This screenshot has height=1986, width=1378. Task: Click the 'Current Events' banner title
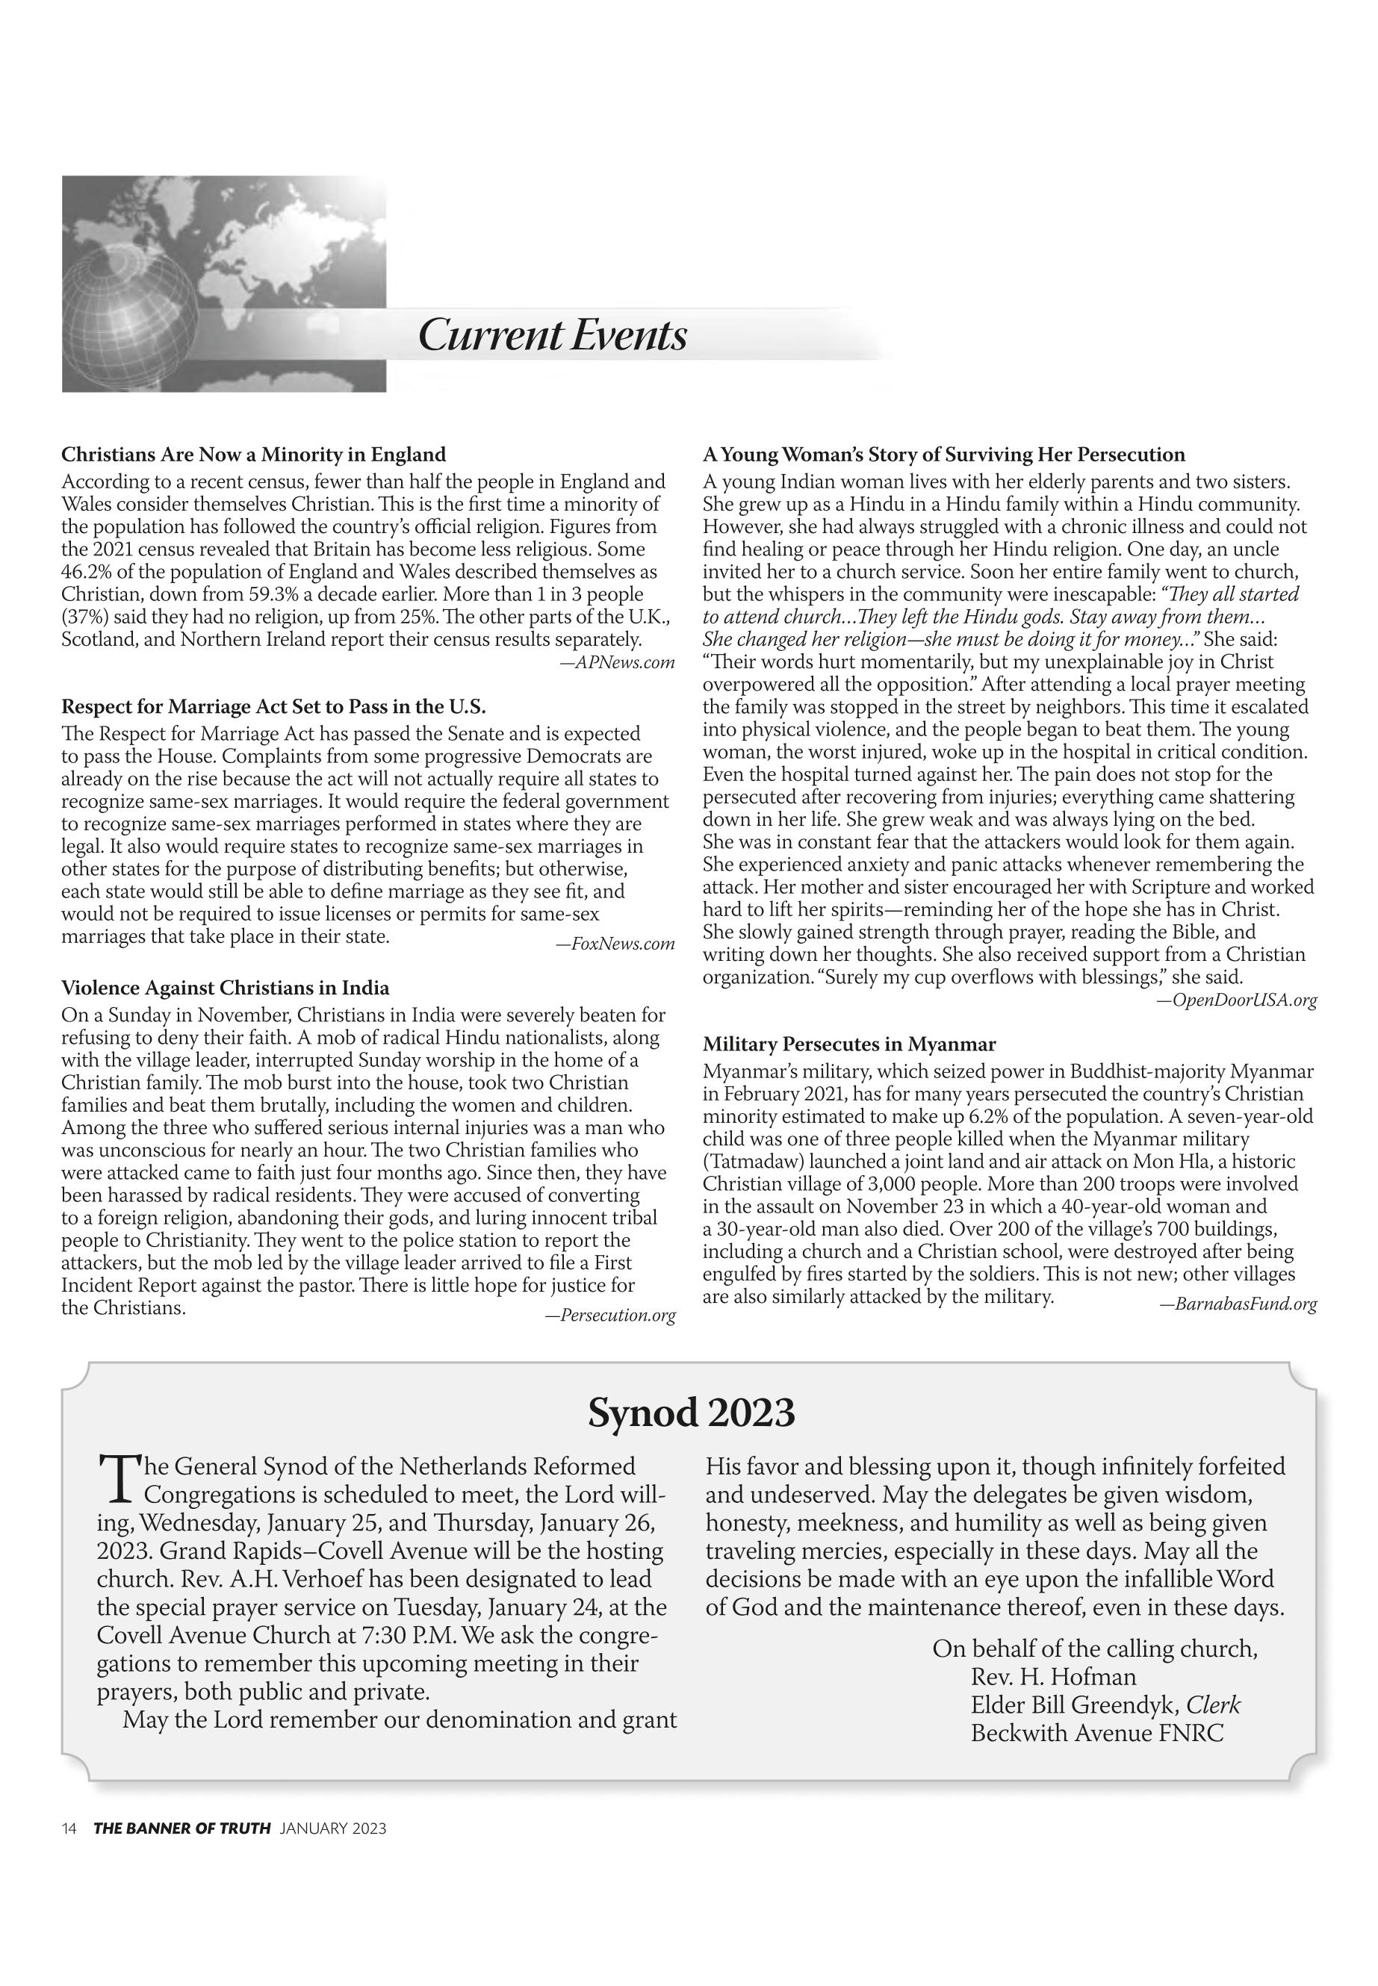click(x=553, y=335)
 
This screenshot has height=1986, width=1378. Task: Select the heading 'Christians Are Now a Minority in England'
click(x=254, y=455)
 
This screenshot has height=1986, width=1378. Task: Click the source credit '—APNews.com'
click(x=616, y=663)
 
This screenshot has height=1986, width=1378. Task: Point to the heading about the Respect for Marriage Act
click(x=273, y=707)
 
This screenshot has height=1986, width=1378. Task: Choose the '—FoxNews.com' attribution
click(x=615, y=944)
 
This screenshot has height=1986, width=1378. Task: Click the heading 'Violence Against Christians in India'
click(x=226, y=989)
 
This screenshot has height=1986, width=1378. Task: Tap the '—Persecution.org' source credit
click(x=609, y=1316)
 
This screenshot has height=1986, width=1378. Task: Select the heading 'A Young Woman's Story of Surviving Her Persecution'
click(x=944, y=455)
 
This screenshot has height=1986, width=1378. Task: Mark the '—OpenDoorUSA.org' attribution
click(x=1236, y=1000)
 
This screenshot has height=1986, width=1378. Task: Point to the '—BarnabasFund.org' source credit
click(x=1238, y=1304)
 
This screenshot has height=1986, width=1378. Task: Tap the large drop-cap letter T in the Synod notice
click(x=117, y=1477)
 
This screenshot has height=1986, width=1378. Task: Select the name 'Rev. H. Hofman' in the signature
click(x=1053, y=1677)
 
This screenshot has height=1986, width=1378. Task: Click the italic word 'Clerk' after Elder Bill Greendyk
click(x=1213, y=1705)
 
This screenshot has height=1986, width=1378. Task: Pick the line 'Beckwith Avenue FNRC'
click(x=1096, y=1733)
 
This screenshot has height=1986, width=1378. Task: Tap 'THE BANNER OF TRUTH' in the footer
click(x=182, y=1828)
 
